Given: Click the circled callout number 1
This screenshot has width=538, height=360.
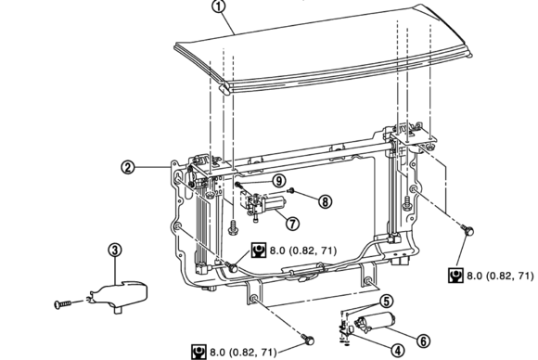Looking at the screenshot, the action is pyautogui.click(x=219, y=7).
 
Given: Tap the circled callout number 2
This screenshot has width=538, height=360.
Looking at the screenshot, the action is pyautogui.click(x=128, y=167).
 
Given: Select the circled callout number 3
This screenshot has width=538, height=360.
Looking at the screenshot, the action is pyautogui.click(x=115, y=250).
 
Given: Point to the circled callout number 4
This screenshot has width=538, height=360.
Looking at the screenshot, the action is pyautogui.click(x=398, y=351).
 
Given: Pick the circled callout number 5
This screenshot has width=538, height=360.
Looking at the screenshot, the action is pyautogui.click(x=387, y=301).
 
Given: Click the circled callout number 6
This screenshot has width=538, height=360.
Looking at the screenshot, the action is pyautogui.click(x=423, y=341).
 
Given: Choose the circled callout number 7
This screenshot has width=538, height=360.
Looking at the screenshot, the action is pyautogui.click(x=292, y=224).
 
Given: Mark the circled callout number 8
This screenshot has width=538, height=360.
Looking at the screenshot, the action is pyautogui.click(x=325, y=201).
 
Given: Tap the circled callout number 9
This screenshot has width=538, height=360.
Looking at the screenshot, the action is pyautogui.click(x=279, y=180).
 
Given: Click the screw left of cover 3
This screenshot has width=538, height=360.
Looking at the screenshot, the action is pyautogui.click(x=63, y=304).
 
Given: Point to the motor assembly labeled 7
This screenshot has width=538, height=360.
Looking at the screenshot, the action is pyautogui.click(x=263, y=205).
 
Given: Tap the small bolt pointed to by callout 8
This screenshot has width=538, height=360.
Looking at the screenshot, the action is pyautogui.click(x=291, y=190).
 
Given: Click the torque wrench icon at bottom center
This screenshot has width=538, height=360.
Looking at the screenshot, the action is pyautogui.click(x=199, y=352).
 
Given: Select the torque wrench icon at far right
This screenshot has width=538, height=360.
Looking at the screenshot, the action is pyautogui.click(x=456, y=276).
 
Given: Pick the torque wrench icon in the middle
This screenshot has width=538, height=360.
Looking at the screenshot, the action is pyautogui.click(x=259, y=251).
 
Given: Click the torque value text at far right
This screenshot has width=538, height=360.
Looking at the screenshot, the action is pyautogui.click(x=500, y=276).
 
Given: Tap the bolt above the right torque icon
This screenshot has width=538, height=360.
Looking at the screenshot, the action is pyautogui.click(x=468, y=230).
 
